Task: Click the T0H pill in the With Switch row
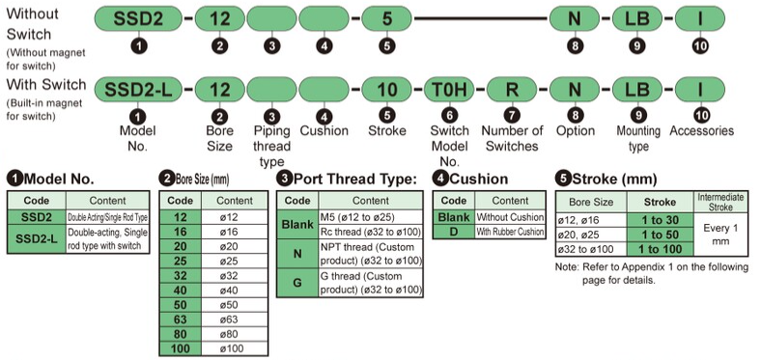point(449,90)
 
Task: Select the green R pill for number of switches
point(512,90)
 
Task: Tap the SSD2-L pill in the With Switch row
point(138,90)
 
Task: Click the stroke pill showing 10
point(387,90)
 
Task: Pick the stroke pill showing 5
point(387,19)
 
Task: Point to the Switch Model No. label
point(450,146)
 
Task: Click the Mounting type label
point(638,138)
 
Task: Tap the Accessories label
point(702,131)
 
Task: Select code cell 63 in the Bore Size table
point(180,319)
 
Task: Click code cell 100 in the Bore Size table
point(180,348)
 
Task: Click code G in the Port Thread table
point(297,283)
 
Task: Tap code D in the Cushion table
point(454,231)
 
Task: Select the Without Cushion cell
point(510,217)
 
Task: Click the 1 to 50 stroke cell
point(660,235)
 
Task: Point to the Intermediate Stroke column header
point(720,202)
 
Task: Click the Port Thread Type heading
point(347,179)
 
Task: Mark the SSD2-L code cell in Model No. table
point(37,238)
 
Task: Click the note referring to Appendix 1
point(652,273)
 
